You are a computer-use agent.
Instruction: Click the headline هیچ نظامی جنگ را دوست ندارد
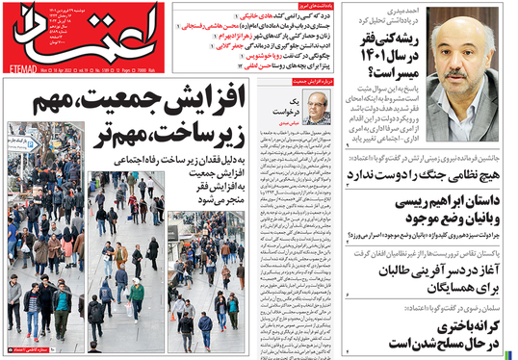pyautogui.click(x=429, y=174)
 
